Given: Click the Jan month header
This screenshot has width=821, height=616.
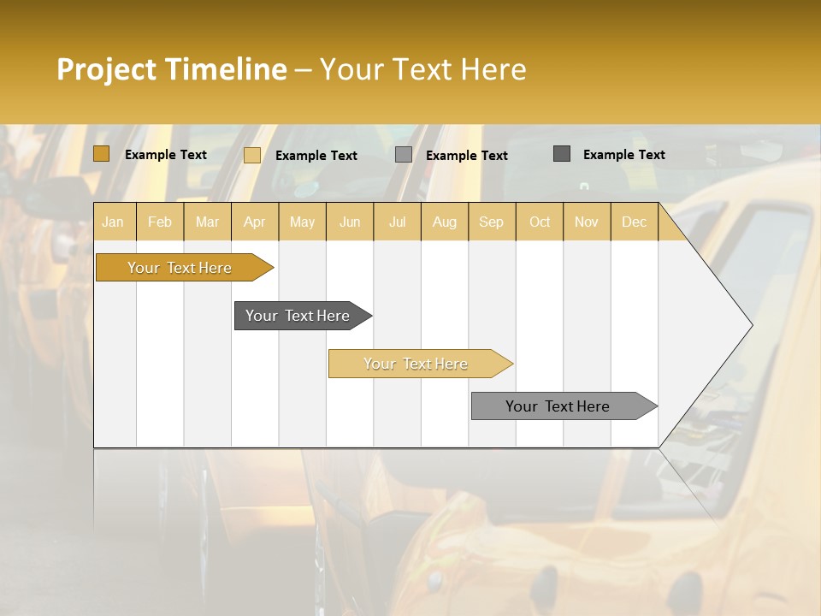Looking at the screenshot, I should tap(113, 222).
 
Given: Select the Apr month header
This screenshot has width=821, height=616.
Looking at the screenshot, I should tap(254, 222).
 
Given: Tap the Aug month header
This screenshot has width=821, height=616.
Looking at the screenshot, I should tap(444, 222).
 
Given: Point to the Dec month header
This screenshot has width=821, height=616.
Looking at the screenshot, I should tap(634, 222).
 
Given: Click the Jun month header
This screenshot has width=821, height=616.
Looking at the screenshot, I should tap(349, 222).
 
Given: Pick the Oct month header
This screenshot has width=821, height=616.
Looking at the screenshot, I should tap(539, 222).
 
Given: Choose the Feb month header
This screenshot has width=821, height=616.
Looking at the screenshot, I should tap(160, 222).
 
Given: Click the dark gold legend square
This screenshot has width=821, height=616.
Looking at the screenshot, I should tap(101, 154).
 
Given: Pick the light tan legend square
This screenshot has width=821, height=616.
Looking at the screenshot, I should tap(251, 155).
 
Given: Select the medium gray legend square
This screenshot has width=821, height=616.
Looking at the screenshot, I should tap(404, 155).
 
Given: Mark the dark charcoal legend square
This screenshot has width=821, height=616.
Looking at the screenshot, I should tap(561, 154).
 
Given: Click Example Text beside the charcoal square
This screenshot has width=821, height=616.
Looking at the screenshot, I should tap(623, 154).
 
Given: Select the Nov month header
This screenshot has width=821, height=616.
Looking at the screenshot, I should tap(586, 222).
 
